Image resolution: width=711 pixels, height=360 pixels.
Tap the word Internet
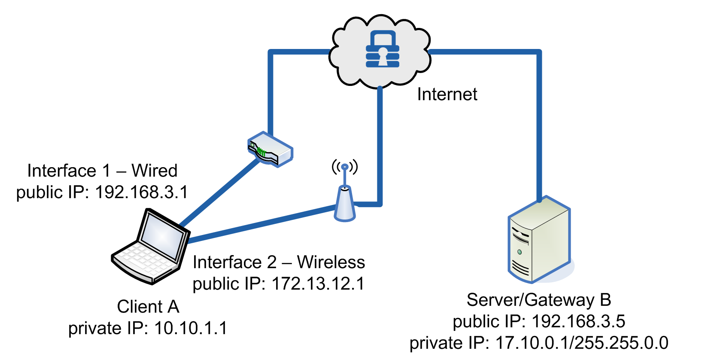click(x=447, y=95)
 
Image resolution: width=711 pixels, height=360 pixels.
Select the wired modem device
click(x=270, y=149)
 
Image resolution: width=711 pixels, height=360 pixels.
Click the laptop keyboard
click(x=144, y=260)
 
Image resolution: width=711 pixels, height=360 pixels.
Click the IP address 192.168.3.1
click(x=141, y=192)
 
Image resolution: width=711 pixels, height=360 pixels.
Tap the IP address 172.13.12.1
click(x=318, y=284)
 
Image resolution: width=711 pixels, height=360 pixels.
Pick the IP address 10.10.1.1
click(x=190, y=328)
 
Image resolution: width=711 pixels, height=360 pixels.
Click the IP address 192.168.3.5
click(x=578, y=321)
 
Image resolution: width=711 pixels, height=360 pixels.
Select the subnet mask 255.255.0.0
click(x=621, y=343)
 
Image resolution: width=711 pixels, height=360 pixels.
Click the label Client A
click(x=148, y=307)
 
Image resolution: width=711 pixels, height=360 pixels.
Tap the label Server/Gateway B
click(x=539, y=300)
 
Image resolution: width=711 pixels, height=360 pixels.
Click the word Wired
click(x=154, y=171)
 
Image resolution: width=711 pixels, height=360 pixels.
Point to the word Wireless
click(x=331, y=262)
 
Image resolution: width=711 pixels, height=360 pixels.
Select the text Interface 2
click(x=234, y=262)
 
